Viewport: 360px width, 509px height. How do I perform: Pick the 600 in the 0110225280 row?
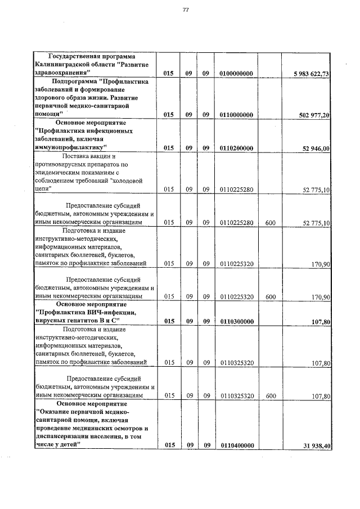pyautogui.click(x=270, y=223)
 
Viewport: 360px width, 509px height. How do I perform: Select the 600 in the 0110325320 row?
pyautogui.click(x=270, y=396)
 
